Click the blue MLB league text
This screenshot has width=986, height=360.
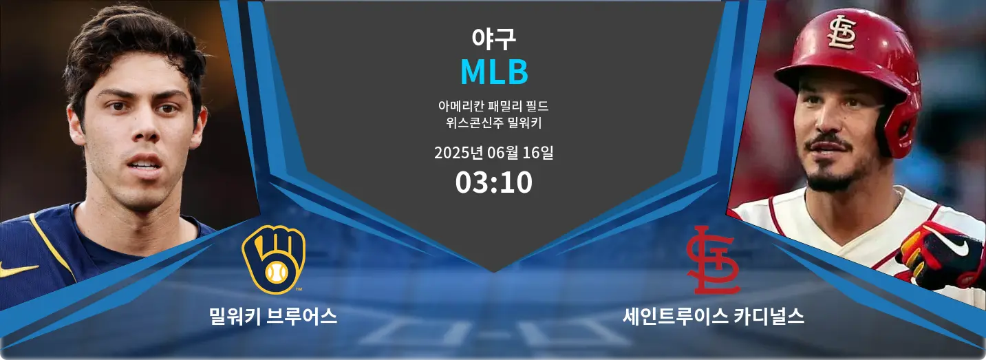point(494,72)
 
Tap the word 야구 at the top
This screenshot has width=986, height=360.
point(493,39)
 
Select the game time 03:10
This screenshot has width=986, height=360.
point(494,182)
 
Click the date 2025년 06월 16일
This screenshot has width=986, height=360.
point(494,153)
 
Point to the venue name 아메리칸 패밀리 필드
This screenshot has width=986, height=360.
point(493,106)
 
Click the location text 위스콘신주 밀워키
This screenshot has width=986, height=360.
point(493,123)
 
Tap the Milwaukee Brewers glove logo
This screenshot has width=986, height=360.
point(273,260)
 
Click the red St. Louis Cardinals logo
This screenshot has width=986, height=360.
point(713,260)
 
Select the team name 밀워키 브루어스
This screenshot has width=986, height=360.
point(273,316)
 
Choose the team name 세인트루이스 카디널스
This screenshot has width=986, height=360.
point(713,316)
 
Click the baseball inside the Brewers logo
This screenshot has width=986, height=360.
point(277,274)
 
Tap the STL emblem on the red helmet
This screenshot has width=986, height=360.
point(842,32)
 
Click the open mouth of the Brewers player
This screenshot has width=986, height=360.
point(144,164)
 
